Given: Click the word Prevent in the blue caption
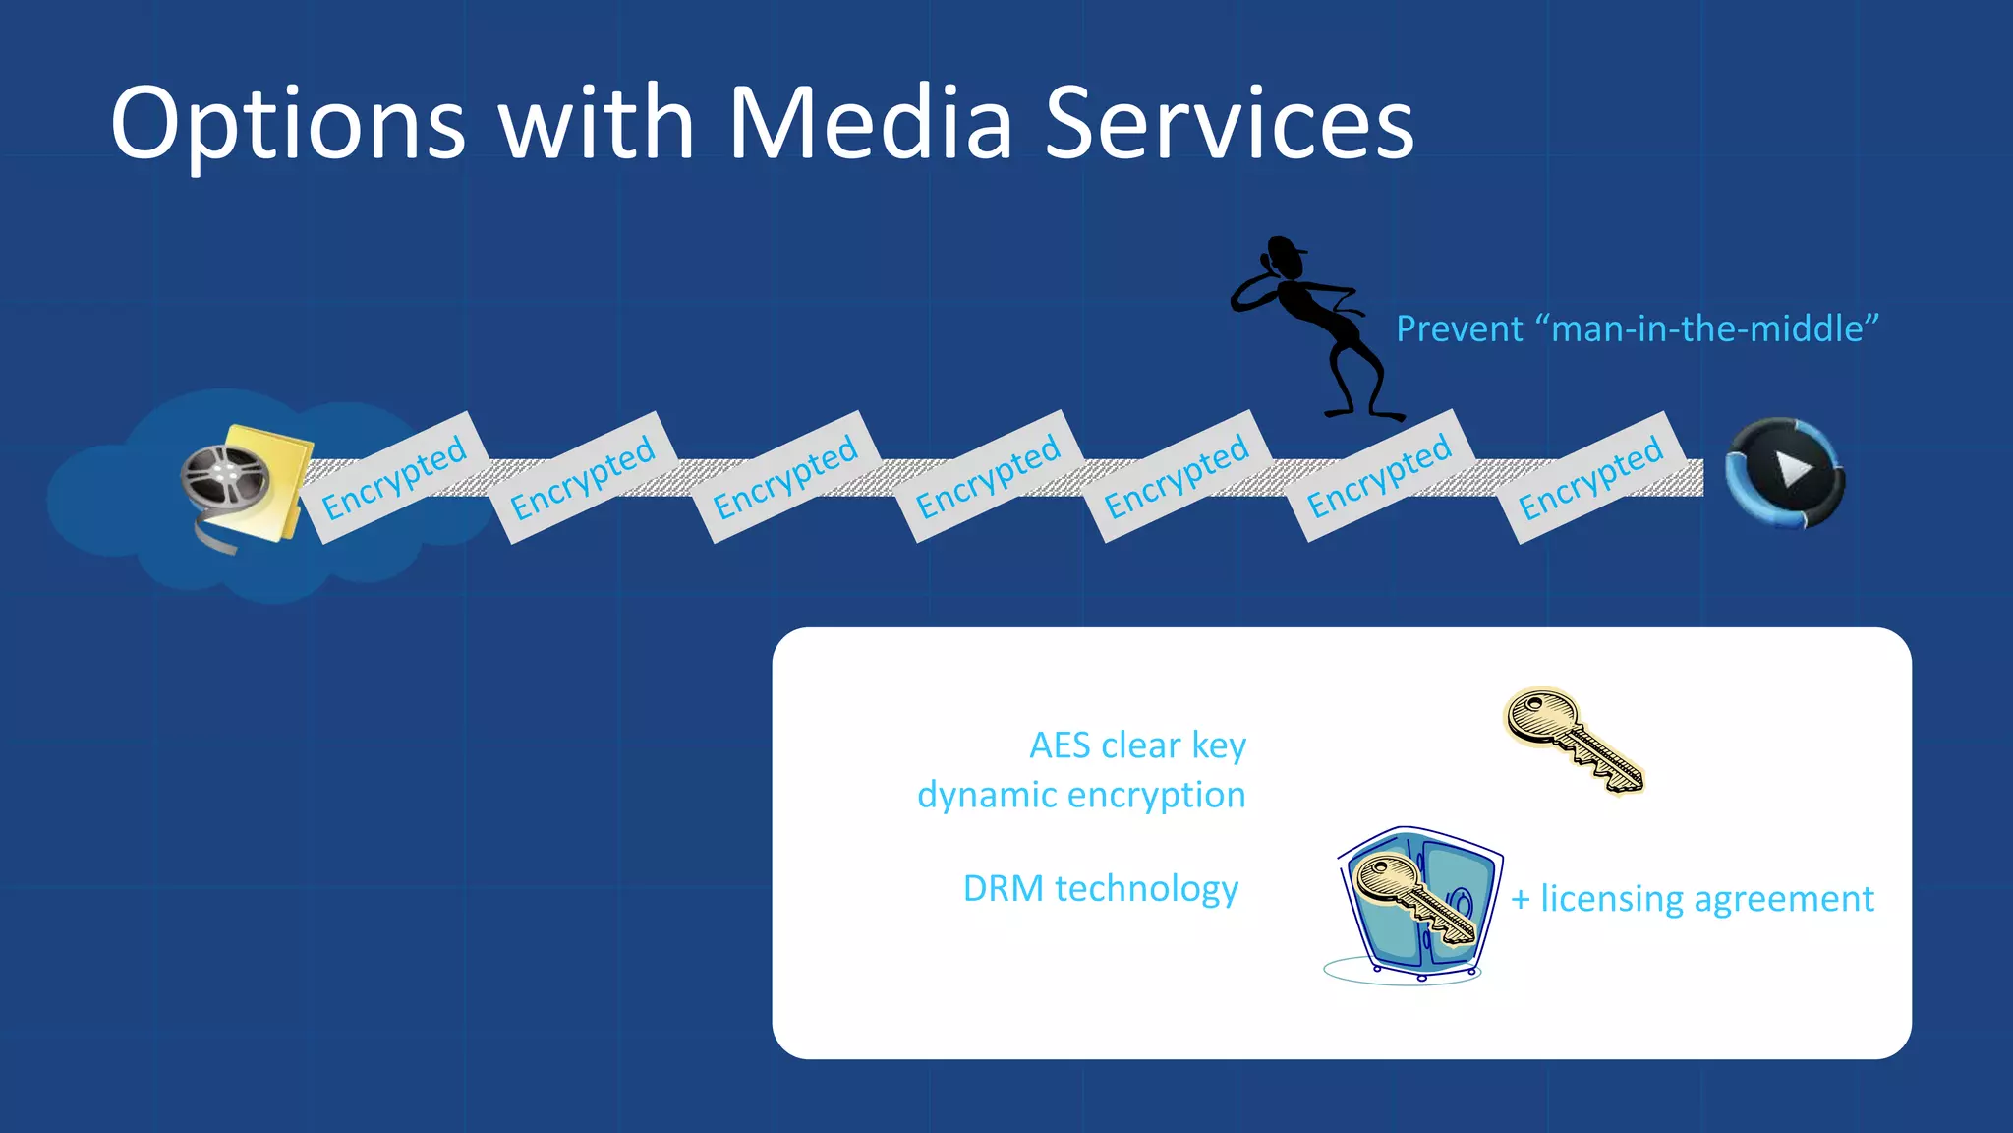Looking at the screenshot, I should [1459, 328].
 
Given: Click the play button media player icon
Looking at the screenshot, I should [1786, 473].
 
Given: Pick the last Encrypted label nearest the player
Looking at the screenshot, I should [1591, 477].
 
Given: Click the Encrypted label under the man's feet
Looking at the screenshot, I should [1379, 476].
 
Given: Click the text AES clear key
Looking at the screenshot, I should [1137, 745].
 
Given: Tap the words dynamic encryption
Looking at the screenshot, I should [1081, 795].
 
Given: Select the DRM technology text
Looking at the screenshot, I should [1100, 888].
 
